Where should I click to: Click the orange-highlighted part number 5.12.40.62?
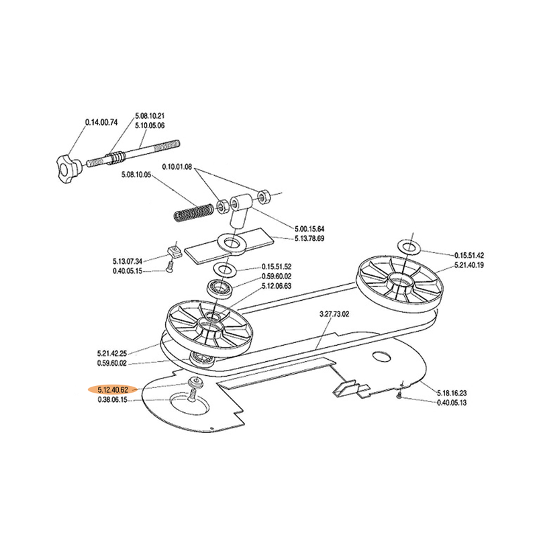[x=113, y=390]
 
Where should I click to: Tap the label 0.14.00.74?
[x=101, y=122]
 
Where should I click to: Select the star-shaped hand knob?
[x=68, y=169]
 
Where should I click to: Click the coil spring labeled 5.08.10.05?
[x=193, y=212]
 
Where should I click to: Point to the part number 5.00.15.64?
[x=309, y=228]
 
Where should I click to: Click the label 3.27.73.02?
[x=334, y=314]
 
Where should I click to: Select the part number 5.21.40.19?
[x=469, y=264]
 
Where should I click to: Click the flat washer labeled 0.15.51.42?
[x=409, y=247]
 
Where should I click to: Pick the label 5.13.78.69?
[x=309, y=238]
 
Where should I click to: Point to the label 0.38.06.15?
[x=112, y=399]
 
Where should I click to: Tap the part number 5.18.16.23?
[x=452, y=393]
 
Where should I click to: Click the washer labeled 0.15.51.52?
[x=224, y=270]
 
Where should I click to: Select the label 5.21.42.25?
[x=111, y=353]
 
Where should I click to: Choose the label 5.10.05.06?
[x=150, y=126]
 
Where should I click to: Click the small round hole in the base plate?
[x=381, y=357]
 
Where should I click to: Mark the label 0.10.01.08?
[x=177, y=167]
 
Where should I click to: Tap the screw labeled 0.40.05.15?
[x=169, y=266]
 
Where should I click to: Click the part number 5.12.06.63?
[x=277, y=286]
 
